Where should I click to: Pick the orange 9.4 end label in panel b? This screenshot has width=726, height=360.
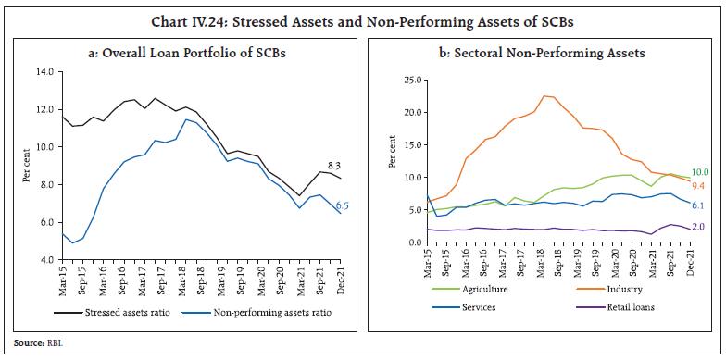click(x=696, y=187)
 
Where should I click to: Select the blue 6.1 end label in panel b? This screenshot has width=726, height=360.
click(x=696, y=206)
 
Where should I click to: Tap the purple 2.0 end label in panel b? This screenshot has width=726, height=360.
click(x=696, y=228)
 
